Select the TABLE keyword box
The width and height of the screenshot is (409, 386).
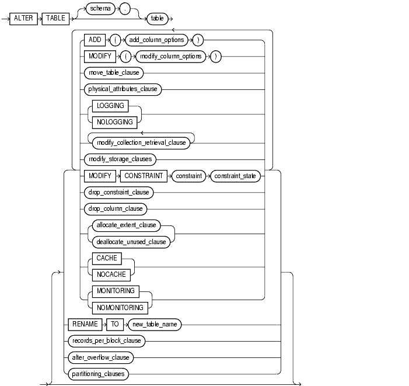click(x=55, y=18)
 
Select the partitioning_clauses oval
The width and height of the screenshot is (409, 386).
click(x=97, y=373)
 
